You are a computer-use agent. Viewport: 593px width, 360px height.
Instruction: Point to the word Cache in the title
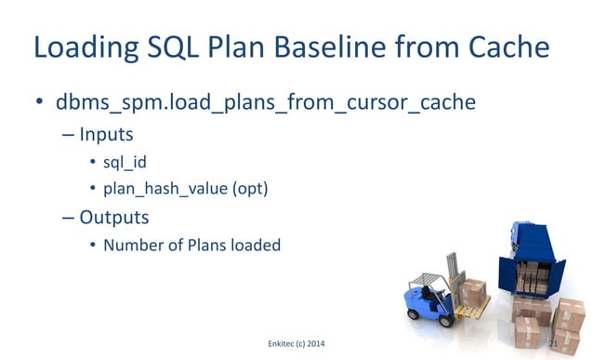coord(503,47)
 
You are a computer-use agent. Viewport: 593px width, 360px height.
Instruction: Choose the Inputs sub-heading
coord(106,134)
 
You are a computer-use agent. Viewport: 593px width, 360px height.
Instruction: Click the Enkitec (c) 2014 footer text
coord(296,345)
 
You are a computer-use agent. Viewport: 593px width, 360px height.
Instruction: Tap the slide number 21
coord(554,345)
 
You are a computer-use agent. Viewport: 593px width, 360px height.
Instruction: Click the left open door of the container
coord(506,270)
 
